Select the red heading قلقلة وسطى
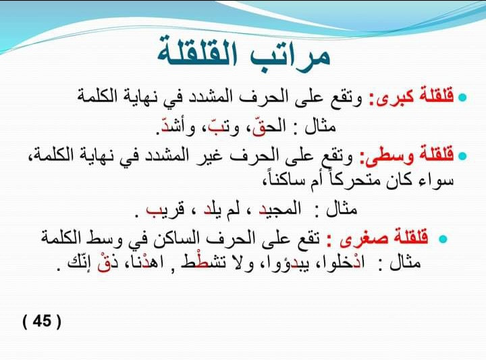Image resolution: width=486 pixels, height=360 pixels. point(406,155)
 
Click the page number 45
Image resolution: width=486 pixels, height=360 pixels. point(42,321)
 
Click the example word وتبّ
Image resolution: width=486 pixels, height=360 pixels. point(224,128)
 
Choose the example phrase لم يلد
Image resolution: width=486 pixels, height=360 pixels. point(221,209)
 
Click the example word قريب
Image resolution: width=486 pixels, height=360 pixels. point(165,209)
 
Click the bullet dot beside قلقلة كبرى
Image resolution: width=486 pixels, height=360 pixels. point(462,97)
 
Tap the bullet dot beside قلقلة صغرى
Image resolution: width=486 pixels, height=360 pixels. point(443,238)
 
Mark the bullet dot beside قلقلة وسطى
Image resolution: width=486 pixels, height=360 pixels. point(462,155)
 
